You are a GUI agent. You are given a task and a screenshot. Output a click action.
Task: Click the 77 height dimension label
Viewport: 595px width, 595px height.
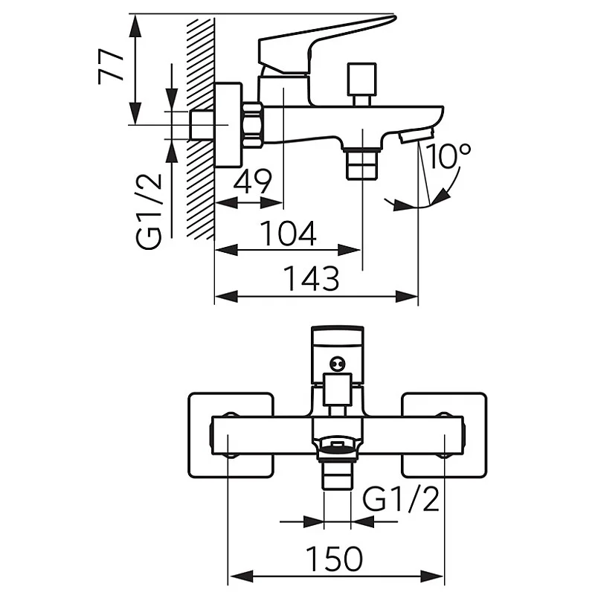109,68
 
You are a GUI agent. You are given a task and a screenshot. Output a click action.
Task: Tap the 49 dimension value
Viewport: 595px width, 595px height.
253,181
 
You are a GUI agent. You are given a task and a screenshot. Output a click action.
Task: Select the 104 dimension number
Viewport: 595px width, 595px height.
288,234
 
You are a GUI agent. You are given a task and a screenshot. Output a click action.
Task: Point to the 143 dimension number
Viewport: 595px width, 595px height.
312,280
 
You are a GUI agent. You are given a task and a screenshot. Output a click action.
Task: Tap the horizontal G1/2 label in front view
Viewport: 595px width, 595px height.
402,501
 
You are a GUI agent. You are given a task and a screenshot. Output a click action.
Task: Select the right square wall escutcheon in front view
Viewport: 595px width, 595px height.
444,434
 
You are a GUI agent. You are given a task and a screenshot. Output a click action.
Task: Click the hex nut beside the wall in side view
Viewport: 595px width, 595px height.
253,123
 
